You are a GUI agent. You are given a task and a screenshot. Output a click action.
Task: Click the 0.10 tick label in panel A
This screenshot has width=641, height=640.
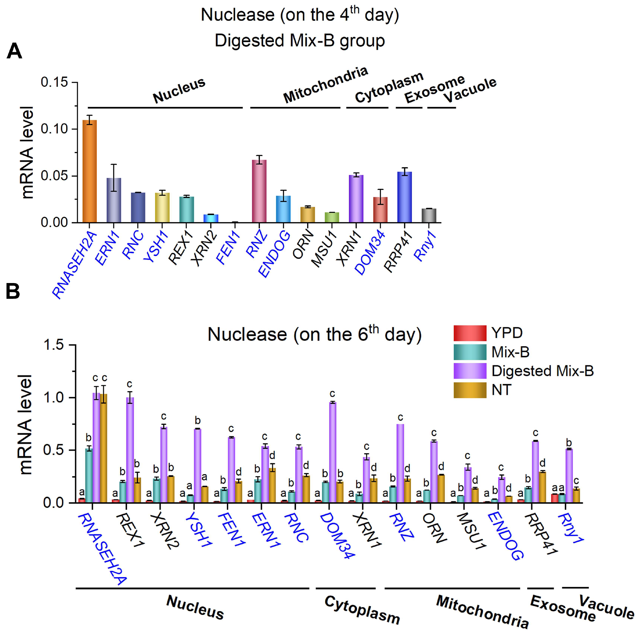[x=54, y=129]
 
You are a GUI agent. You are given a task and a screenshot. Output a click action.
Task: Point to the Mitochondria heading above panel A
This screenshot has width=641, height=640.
[x=325, y=85]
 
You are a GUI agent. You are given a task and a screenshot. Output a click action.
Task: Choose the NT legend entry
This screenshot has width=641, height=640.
[x=501, y=390]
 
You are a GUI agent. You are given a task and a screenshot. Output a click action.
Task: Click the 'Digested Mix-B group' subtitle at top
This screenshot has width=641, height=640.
[x=300, y=40]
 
